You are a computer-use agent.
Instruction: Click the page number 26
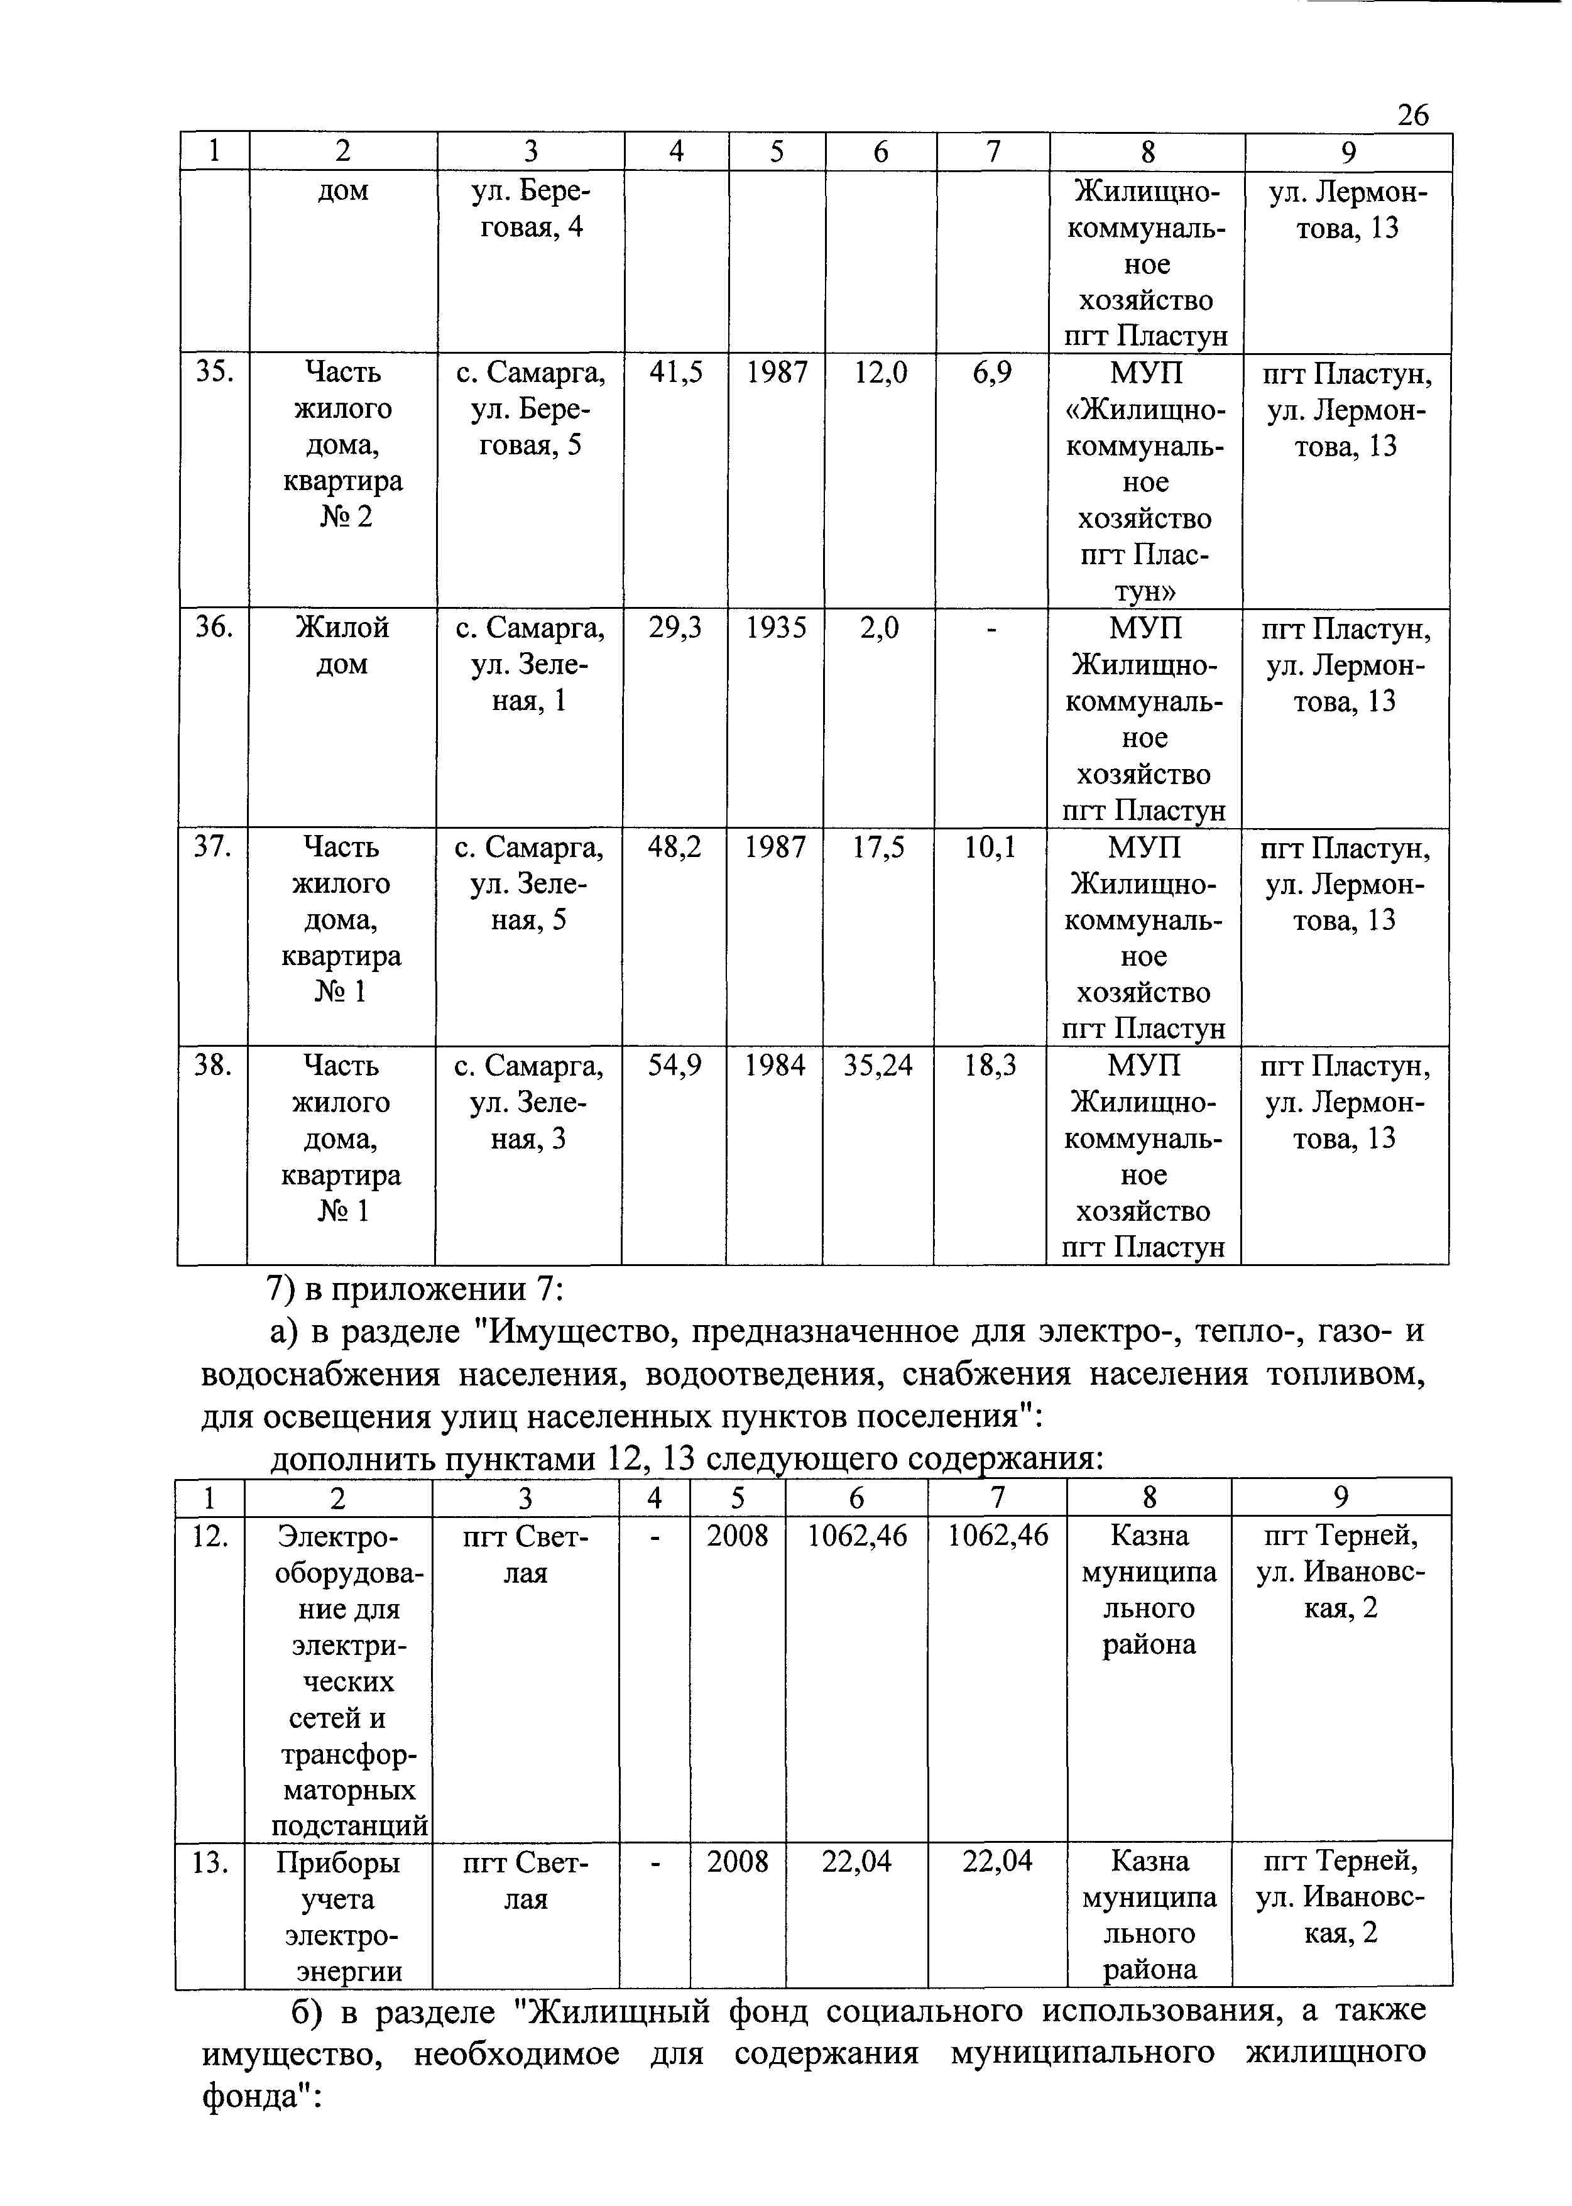pos(1412,115)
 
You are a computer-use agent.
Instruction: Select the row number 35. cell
pos(214,373)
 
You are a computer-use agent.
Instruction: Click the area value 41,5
pos(675,373)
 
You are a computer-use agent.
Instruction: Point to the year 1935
pos(777,628)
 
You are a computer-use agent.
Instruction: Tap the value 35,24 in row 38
pos(878,1066)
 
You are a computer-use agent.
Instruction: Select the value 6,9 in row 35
pos(992,373)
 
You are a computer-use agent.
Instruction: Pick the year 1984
pos(775,1066)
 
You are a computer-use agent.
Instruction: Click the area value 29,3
pos(675,628)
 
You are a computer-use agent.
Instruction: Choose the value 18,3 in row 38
pos(990,1066)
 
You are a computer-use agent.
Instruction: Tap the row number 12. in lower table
pos(209,1536)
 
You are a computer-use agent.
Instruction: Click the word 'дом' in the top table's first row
pos(342,190)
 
